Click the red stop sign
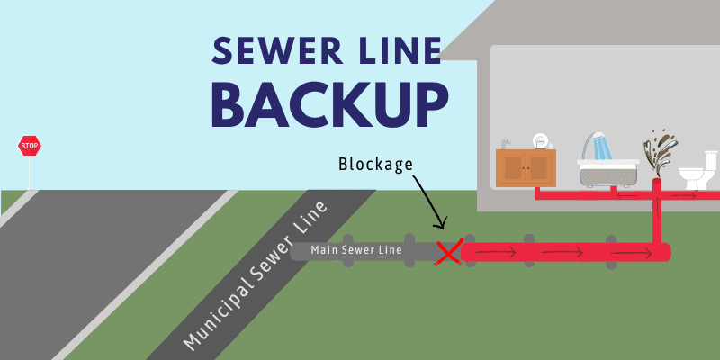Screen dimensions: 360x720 coord(30,145)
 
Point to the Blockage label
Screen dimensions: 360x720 coord(374,165)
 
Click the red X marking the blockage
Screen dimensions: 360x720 coord(448,253)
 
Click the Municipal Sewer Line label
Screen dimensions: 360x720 coord(255,278)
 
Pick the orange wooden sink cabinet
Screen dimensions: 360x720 coord(525,168)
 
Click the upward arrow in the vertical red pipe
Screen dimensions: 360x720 coord(658,216)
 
